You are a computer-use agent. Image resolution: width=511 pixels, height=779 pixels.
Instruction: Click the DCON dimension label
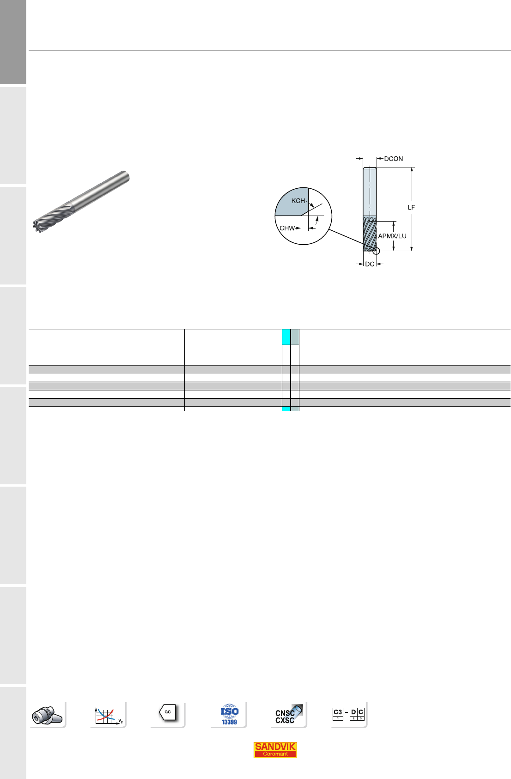tap(393, 159)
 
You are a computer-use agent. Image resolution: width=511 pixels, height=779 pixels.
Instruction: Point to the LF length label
tap(411, 207)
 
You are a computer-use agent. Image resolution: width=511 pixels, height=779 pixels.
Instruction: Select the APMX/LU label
tap(392, 236)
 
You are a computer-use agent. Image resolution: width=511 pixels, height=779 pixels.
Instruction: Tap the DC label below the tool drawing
tap(370, 264)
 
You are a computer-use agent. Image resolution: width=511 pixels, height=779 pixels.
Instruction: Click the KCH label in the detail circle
tap(298, 201)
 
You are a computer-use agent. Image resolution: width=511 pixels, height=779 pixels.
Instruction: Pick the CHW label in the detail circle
tap(287, 228)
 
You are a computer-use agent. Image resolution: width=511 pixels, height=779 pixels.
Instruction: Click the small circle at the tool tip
tap(376, 251)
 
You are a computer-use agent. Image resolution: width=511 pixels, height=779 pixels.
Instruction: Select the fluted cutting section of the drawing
tap(370, 233)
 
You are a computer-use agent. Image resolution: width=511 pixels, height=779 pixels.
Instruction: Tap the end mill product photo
tap(81, 202)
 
